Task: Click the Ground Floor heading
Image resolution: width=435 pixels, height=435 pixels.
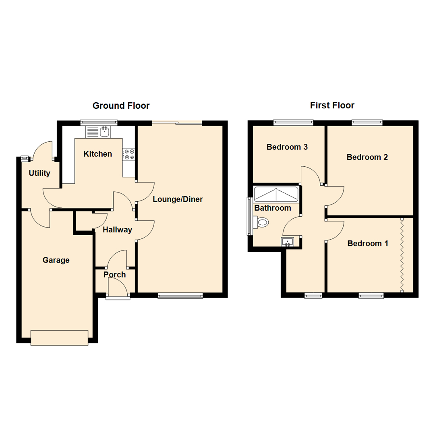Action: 121,106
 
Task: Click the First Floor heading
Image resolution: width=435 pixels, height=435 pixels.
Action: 332,106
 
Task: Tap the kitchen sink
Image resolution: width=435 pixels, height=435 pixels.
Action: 105,131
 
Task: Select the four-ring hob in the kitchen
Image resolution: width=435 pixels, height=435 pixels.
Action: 129,154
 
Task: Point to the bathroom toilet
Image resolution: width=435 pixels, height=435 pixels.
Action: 262,222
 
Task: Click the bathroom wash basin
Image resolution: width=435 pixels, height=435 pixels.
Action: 288,242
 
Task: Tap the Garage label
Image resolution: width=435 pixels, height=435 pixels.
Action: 56,260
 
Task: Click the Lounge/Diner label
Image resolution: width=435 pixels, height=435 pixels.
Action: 178,199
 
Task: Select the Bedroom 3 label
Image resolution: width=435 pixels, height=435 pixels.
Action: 287,147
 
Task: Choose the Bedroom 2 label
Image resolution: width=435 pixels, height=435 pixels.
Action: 367,157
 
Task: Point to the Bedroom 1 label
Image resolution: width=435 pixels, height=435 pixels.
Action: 368,243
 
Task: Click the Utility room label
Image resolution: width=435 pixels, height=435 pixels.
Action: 39,173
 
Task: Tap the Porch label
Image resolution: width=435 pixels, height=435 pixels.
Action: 114,275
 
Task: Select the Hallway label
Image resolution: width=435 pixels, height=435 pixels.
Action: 117,230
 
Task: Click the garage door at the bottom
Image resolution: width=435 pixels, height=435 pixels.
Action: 59,338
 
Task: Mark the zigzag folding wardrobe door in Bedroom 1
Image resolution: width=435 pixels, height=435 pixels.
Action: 402,254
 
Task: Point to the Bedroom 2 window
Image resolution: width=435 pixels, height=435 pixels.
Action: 367,122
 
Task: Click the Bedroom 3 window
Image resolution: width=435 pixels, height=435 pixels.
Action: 293,122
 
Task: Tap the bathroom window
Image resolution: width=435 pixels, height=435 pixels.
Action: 249,215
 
